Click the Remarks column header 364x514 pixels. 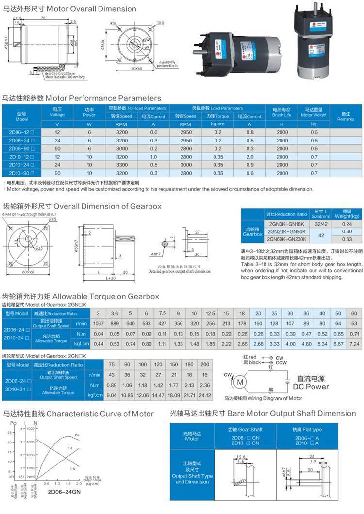(346, 116)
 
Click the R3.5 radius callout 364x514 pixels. (160, 22)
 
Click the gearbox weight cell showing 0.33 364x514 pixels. (347, 239)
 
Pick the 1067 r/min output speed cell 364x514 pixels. (98, 323)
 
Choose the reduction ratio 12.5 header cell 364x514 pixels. (210, 313)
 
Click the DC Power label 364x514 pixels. (311, 386)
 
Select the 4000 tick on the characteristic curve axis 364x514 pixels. (31, 429)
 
